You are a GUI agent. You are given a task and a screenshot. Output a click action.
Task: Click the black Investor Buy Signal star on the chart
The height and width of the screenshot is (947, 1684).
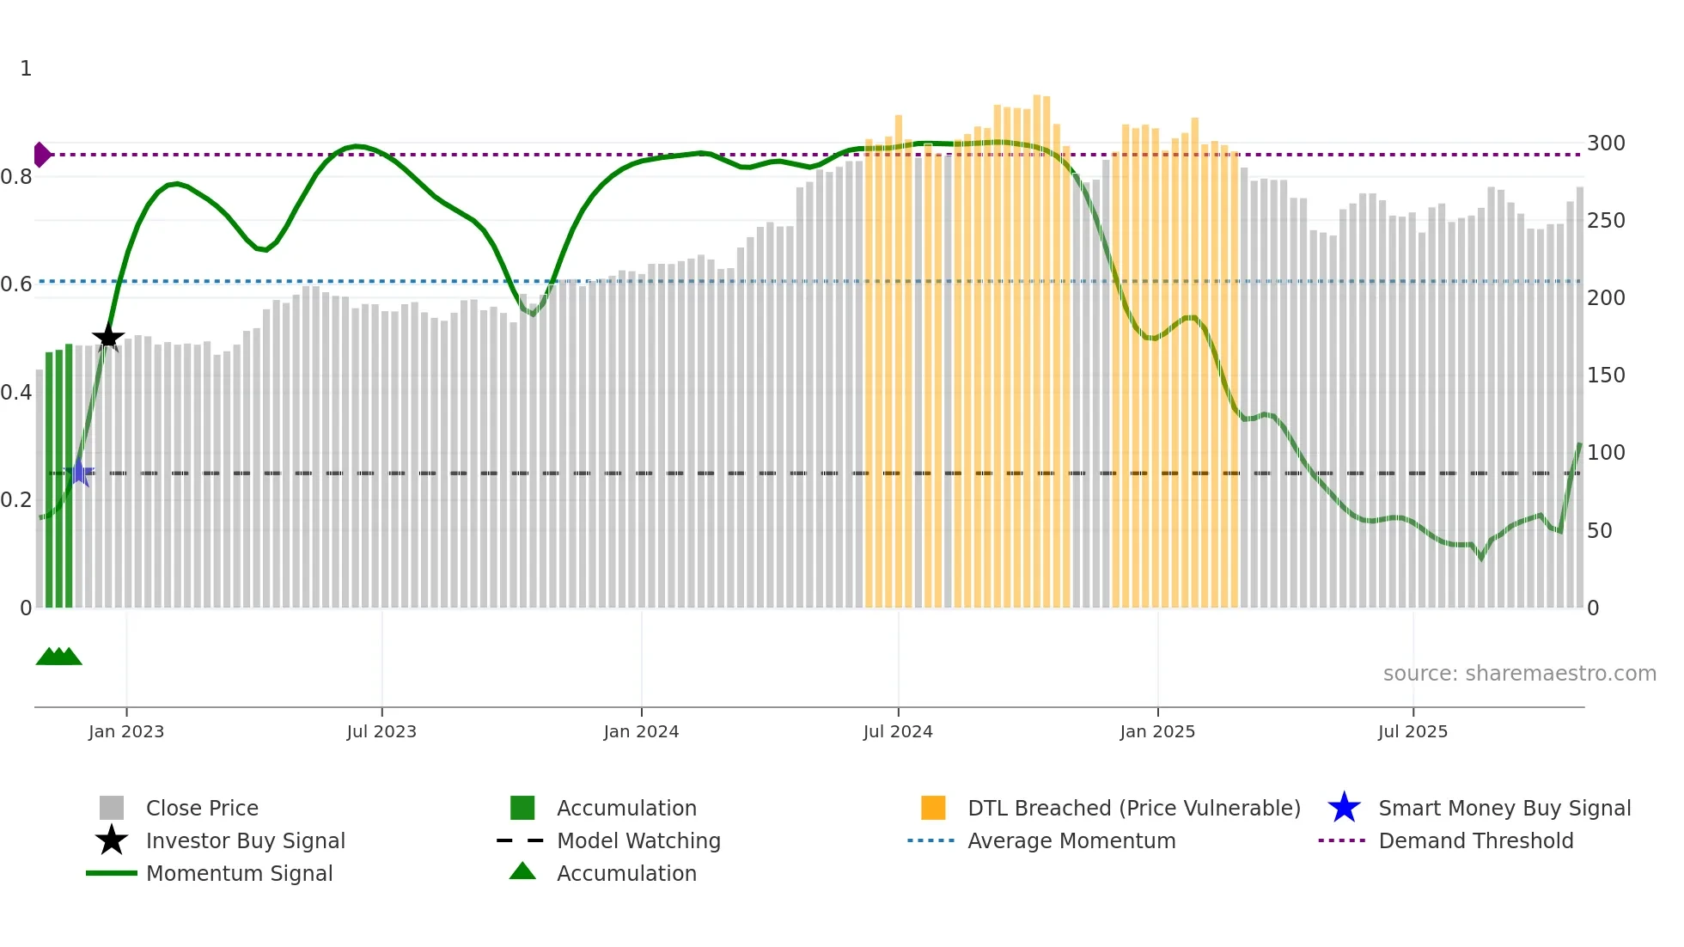pyautogui.click(x=108, y=337)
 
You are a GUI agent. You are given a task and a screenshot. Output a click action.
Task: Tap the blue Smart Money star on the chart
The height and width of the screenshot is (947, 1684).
pyautogui.click(x=79, y=472)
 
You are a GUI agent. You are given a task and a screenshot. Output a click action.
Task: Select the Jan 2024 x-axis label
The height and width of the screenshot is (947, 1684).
pyautogui.click(x=641, y=731)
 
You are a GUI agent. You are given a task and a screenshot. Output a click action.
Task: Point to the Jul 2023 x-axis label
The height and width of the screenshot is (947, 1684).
pyautogui.click(x=381, y=731)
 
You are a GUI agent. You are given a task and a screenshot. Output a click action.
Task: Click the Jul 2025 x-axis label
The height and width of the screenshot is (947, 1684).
pyautogui.click(x=1412, y=731)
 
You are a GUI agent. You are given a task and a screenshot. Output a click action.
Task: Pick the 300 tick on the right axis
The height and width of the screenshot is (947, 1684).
pyautogui.click(x=1605, y=144)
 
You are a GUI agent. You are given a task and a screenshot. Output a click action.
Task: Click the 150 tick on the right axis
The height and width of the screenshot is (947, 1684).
pyautogui.click(x=1605, y=376)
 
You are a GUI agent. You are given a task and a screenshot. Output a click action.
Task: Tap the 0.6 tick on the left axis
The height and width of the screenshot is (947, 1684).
pyautogui.click(x=16, y=284)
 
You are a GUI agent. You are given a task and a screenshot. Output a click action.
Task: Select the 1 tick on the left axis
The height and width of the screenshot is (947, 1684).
pyautogui.click(x=26, y=69)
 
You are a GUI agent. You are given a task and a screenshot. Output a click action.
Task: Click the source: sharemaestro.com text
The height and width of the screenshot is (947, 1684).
pyautogui.click(x=1519, y=674)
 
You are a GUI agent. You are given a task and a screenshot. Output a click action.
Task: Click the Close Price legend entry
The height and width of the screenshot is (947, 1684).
pyautogui.click(x=202, y=808)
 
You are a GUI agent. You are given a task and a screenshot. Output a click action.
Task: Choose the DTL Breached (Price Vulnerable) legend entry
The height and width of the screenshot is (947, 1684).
pyautogui.click(x=1133, y=808)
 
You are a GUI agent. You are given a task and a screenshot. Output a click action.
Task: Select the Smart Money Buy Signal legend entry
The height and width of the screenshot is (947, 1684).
pyautogui.click(x=1504, y=808)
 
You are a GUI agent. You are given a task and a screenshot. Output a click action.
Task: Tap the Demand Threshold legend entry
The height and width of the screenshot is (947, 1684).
pyautogui.click(x=1475, y=840)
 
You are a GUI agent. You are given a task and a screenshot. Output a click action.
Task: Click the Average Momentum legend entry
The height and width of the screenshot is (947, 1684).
pyautogui.click(x=1071, y=840)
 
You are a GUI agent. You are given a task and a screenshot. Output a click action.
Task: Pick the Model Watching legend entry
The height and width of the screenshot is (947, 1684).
pyautogui.click(x=638, y=840)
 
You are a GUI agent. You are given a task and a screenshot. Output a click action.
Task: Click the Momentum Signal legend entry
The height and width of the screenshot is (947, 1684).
pyautogui.click(x=239, y=873)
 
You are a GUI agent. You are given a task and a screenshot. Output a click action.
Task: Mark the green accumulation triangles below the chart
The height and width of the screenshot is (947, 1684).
pyautogui.click(x=58, y=657)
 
